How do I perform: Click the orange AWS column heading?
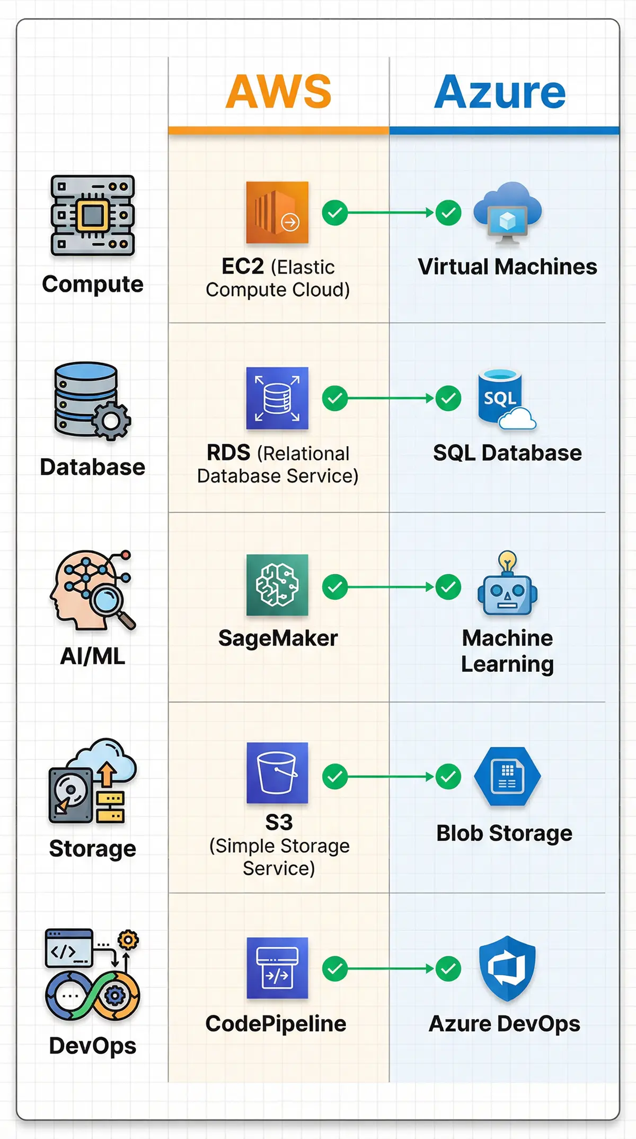[x=279, y=92]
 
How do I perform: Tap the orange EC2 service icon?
[x=277, y=212]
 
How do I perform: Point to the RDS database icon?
[x=277, y=398]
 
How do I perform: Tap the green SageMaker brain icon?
[x=277, y=585]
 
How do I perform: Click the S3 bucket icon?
[x=277, y=772]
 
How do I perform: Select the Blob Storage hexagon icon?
[x=507, y=776]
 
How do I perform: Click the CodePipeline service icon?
[x=277, y=968]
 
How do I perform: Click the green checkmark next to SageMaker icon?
[x=335, y=587]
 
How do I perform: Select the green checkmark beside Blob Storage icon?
[x=448, y=777]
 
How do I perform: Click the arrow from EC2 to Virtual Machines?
[x=391, y=213]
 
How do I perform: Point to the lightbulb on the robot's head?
[x=507, y=560]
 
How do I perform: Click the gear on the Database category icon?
[x=111, y=421]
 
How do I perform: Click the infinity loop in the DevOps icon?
[x=93, y=996]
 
